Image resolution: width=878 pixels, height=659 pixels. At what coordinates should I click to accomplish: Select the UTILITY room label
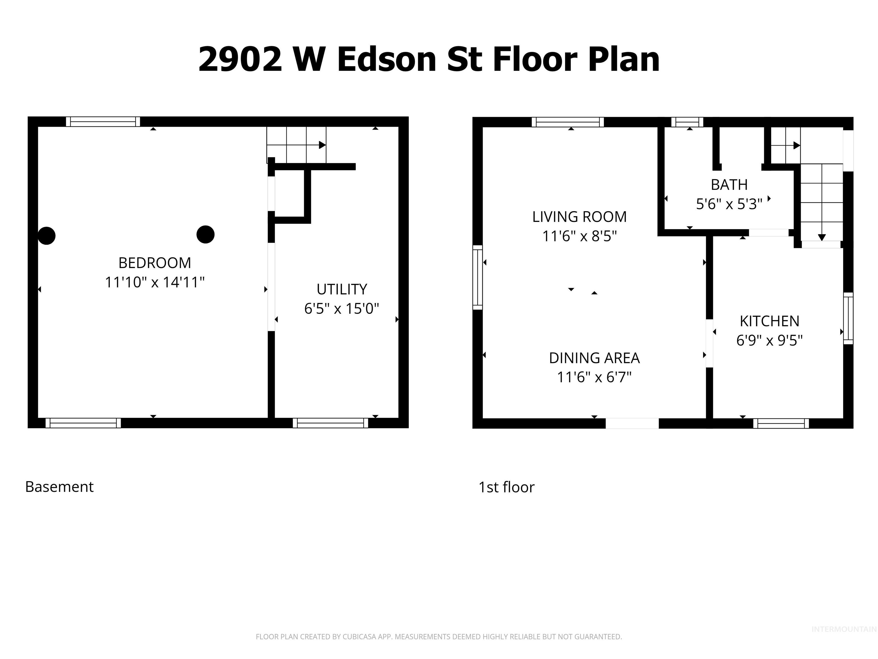click(x=341, y=289)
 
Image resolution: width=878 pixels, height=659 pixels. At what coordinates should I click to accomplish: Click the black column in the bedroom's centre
click(x=205, y=234)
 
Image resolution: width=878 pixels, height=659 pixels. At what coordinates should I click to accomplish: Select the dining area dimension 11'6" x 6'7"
click(x=594, y=377)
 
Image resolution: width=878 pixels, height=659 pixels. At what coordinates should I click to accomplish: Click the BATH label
click(x=729, y=185)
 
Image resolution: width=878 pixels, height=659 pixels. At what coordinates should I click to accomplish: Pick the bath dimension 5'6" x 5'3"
click(x=729, y=204)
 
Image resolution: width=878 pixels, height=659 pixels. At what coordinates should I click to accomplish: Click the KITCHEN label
click(x=769, y=321)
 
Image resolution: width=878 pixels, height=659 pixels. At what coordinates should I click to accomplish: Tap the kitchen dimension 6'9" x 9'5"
click(x=769, y=340)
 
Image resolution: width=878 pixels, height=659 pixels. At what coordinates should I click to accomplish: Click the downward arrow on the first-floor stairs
click(x=822, y=237)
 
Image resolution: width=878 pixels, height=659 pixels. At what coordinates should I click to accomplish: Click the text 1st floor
click(x=506, y=487)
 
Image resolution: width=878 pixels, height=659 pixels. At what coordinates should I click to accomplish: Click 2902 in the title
click(x=240, y=59)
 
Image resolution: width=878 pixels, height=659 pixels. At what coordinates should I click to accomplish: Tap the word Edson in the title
click(x=387, y=59)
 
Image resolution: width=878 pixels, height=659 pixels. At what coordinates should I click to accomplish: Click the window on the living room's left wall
click(x=478, y=277)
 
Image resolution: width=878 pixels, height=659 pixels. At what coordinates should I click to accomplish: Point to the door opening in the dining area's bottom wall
click(x=632, y=423)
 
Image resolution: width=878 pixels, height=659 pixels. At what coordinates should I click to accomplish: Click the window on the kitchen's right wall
click(x=848, y=318)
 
